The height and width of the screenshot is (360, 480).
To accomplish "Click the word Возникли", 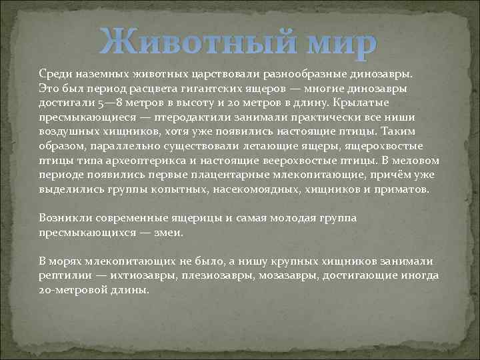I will tap(63, 218).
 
